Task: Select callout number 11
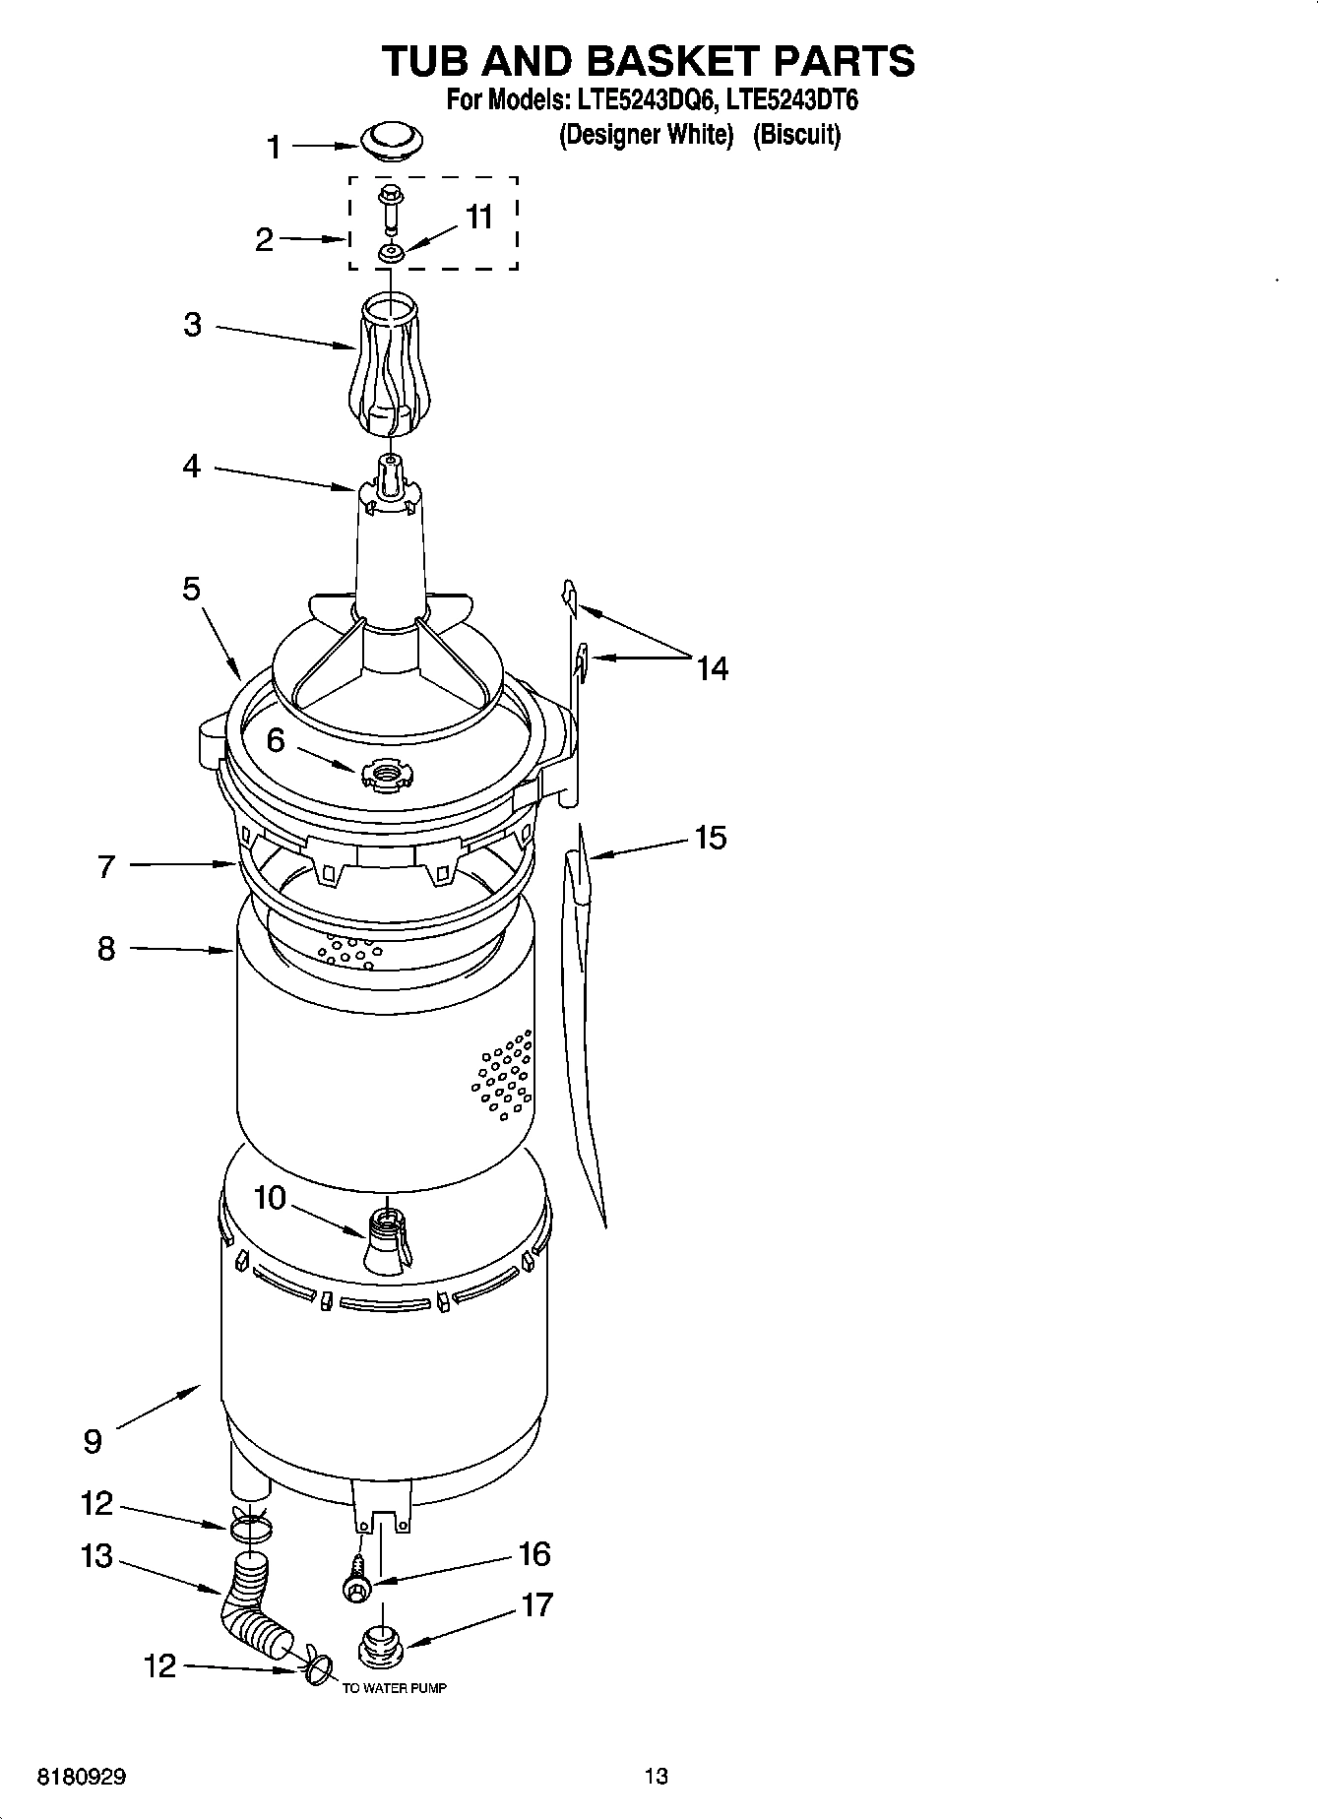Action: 478,217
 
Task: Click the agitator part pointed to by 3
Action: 390,364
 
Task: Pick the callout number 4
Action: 191,466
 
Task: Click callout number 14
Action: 712,668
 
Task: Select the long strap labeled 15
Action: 584,1024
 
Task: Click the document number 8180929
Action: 81,1777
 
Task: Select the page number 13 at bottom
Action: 656,1776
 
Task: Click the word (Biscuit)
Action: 796,135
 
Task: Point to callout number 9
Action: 92,1441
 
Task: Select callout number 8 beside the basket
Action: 105,949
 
